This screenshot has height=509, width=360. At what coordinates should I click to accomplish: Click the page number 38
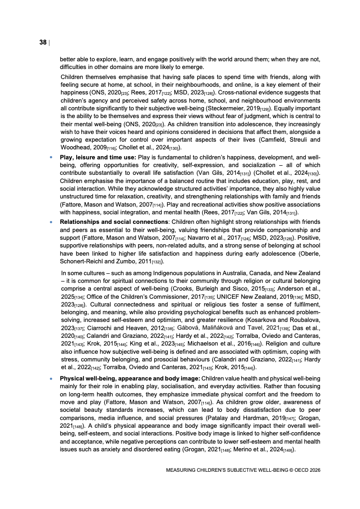coord(43,42)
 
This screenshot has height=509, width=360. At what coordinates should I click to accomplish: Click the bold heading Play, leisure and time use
coord(94,156)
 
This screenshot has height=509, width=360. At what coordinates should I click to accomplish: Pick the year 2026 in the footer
coord(313,470)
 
